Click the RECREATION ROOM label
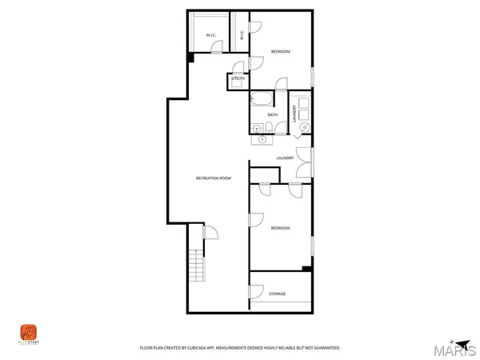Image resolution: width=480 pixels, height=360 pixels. tap(214, 178)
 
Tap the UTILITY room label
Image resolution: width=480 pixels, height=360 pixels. tap(238, 79)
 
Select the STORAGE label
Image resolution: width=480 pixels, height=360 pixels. tap(278, 294)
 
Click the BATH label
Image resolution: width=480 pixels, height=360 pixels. tap(273, 114)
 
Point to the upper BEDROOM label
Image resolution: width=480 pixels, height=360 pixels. tap(280, 52)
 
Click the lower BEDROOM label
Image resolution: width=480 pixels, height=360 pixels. tap(280, 229)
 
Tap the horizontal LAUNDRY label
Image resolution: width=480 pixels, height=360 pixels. tap(285, 158)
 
